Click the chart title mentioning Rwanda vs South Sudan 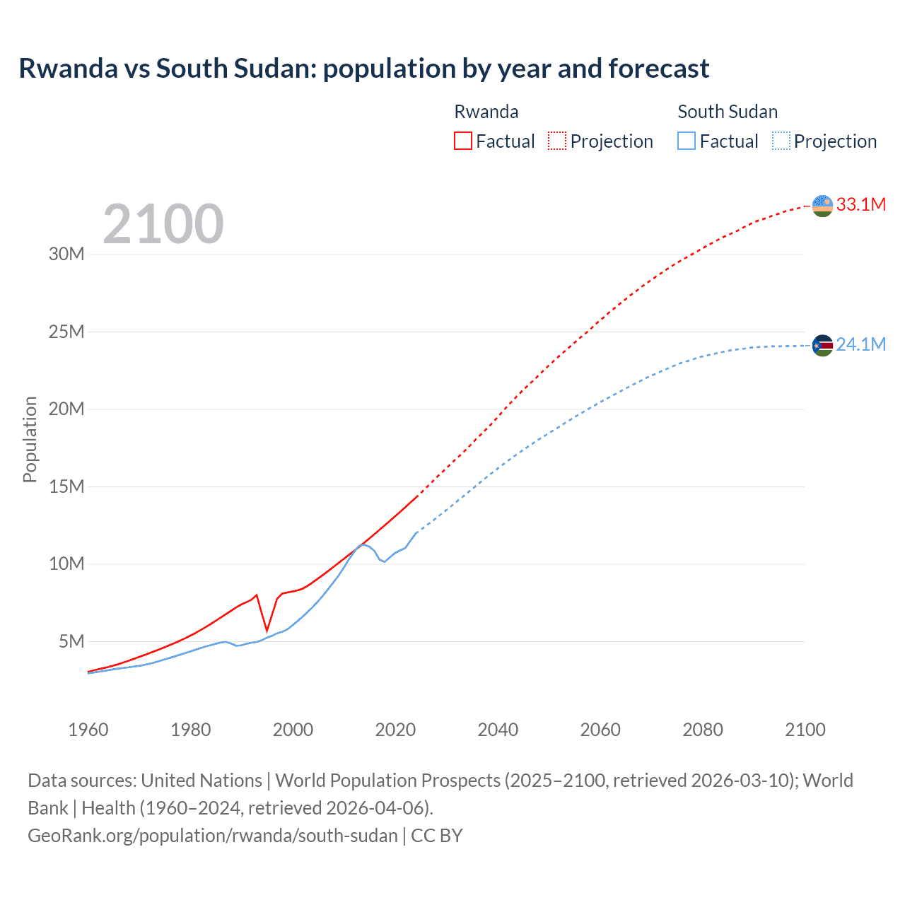[x=363, y=69]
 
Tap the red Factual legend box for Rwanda [x=462, y=141]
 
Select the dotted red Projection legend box [x=557, y=141]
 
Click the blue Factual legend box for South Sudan [x=686, y=141]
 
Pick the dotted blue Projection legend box [x=781, y=141]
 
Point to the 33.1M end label [x=860, y=204]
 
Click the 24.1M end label [x=860, y=344]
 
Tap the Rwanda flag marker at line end [x=822, y=206]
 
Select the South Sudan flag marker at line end [x=822, y=345]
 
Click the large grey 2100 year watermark [x=163, y=224]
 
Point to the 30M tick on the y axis [x=66, y=254]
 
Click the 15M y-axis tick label [x=66, y=486]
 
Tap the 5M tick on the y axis [x=71, y=641]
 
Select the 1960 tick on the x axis [x=88, y=730]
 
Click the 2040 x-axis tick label [x=498, y=730]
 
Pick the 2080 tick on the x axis [x=703, y=730]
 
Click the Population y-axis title [x=30, y=439]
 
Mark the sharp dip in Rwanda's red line [x=267, y=629]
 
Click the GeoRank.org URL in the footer [x=213, y=836]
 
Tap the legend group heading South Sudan [x=728, y=112]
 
